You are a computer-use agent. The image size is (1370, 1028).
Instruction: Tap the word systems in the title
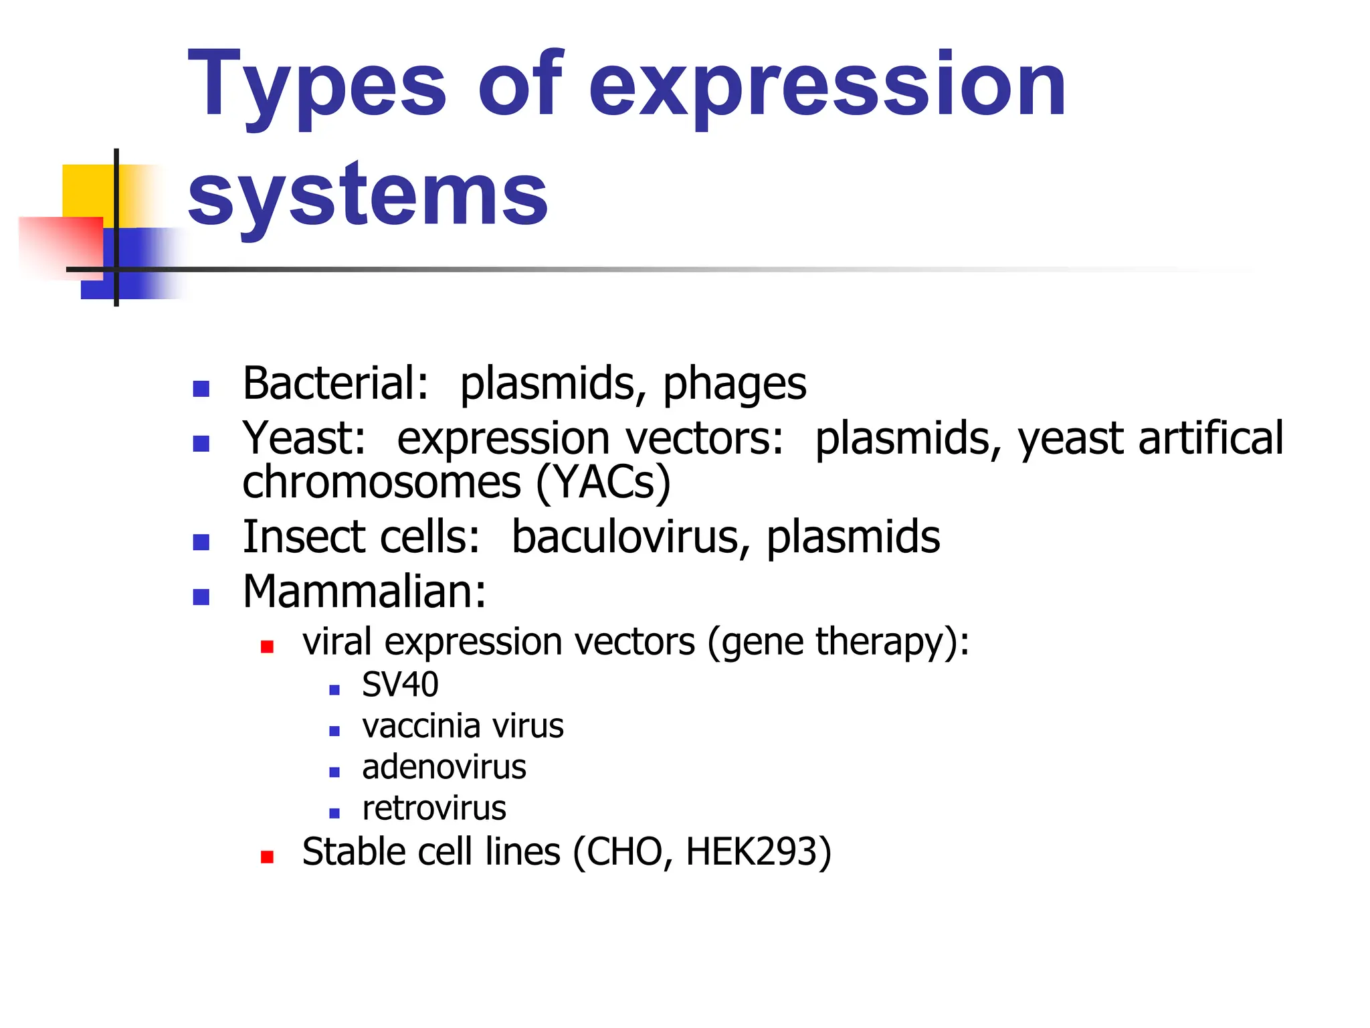click(367, 195)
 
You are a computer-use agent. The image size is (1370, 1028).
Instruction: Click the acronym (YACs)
click(603, 483)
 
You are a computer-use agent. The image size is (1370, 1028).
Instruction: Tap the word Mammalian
click(364, 592)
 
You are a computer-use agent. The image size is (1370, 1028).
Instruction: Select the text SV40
click(400, 685)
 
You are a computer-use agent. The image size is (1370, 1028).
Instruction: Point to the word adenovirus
click(444, 768)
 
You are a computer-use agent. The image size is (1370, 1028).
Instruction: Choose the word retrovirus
click(434, 808)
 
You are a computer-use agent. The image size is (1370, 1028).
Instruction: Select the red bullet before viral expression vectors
click(267, 647)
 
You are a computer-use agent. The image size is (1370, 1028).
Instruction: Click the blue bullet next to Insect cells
click(201, 542)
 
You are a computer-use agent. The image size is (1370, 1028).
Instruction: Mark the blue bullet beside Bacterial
click(201, 389)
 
